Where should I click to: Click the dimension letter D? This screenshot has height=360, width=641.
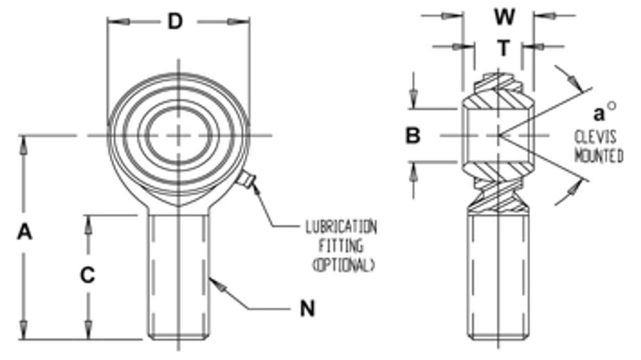click(174, 22)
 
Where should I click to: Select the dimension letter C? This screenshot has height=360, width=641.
click(88, 276)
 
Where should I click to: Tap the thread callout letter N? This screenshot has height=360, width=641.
click(307, 309)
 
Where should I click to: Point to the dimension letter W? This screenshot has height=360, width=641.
click(504, 18)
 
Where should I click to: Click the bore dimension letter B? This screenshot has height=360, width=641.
click(413, 136)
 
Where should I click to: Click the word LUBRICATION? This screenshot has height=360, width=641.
click(341, 228)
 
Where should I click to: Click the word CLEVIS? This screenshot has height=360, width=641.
click(595, 137)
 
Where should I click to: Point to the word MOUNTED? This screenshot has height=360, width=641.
click(598, 156)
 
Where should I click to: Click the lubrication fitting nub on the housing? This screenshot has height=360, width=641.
click(246, 179)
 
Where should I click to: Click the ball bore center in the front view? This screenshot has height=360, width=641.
click(178, 135)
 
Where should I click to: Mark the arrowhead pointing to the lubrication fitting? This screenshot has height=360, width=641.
click(255, 188)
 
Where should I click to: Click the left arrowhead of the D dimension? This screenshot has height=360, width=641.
click(122, 22)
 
